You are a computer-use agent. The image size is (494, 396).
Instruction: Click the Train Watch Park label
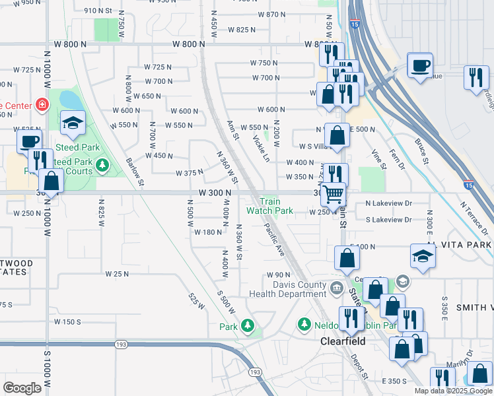coord(269,207)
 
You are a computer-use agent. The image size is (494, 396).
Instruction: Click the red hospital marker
coord(42,104)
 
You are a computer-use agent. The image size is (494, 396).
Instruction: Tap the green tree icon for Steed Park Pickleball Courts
coord(102,164)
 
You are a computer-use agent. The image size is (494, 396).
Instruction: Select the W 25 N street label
coord(116,273)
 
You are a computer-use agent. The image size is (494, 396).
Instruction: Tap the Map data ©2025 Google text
coord(452,391)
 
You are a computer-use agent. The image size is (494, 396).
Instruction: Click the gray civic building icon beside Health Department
coord(336,287)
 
